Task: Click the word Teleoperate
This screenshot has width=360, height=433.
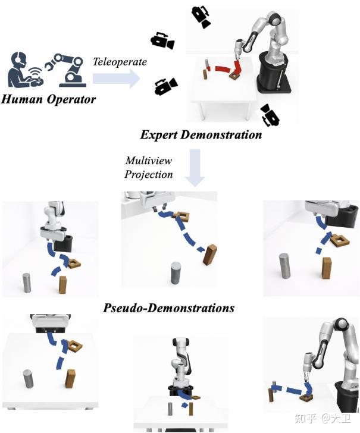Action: [x=120, y=62]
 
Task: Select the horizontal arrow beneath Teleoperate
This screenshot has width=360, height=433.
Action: [x=116, y=79]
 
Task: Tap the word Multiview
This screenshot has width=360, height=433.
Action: [x=148, y=161]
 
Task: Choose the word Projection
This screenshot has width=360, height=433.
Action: [x=149, y=174]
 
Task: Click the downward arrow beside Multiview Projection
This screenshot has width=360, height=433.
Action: [x=195, y=168]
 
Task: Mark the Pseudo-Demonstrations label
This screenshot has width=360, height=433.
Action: [x=168, y=308]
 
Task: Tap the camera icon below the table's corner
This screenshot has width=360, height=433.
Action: [x=270, y=115]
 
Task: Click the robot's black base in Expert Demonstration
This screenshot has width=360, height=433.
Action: [x=273, y=73]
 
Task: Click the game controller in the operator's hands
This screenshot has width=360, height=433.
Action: [x=36, y=81]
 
